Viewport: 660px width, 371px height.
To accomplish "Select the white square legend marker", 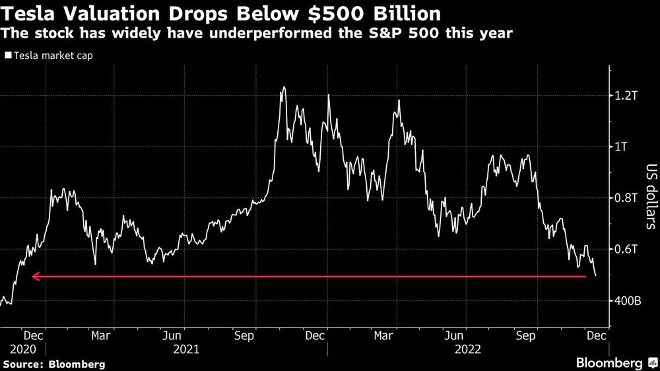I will click(7, 56).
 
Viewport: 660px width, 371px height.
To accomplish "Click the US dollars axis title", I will click(650, 197).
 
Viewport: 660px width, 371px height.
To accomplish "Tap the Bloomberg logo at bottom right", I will click(615, 363).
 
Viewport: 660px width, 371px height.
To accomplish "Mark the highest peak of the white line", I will click(283, 87).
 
